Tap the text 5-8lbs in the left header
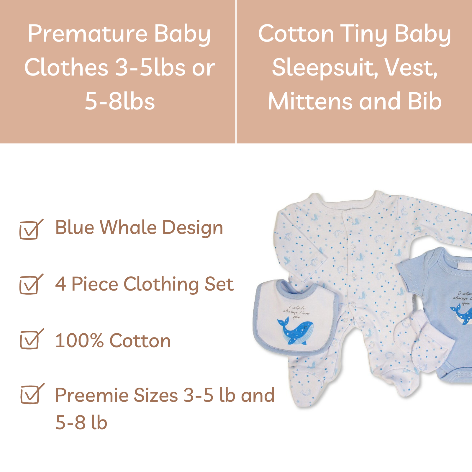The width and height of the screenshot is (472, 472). [120, 101]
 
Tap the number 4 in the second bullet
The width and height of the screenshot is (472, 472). [60, 284]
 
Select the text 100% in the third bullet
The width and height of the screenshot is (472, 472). [79, 341]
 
